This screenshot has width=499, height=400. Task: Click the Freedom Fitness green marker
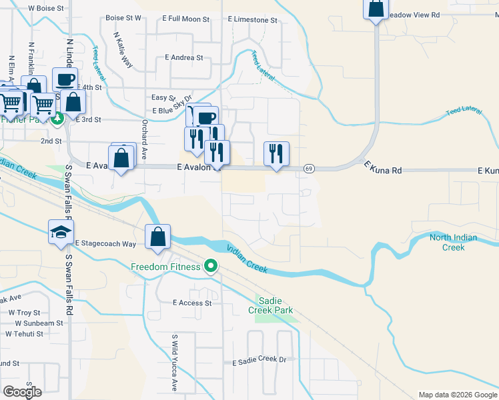point(211,267)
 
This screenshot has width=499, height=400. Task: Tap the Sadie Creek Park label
point(270,305)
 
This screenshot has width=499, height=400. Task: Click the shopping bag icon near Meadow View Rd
point(376,10)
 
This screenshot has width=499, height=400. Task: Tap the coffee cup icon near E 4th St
point(65,80)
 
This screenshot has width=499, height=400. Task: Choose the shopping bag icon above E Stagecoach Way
point(157,237)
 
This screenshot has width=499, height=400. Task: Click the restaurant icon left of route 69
point(276,154)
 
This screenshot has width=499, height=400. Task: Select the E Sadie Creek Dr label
point(259,361)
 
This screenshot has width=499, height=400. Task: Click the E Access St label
point(191,303)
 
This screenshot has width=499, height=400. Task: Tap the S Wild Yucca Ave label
point(175,363)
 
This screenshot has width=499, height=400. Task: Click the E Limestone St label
point(252,20)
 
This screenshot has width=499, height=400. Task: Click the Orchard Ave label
point(144,139)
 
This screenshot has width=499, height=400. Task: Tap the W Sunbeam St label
point(35,323)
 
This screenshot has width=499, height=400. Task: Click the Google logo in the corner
point(22,392)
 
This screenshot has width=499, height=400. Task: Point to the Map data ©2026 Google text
point(457,395)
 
